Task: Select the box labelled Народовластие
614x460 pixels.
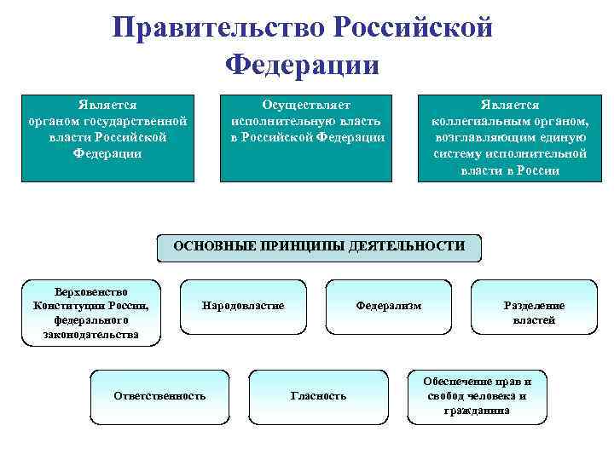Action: pos(243,306)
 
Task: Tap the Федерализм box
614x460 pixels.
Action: pos(388,306)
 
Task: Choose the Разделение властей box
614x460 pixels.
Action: pos(534,313)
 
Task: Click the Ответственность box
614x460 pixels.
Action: pos(159,396)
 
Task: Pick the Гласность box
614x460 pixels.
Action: pos(318,396)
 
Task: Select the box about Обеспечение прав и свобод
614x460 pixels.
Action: pos(477,396)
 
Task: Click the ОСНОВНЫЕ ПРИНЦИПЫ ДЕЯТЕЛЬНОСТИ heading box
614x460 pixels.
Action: pos(319,247)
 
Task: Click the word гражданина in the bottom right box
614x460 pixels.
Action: pos(477,411)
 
